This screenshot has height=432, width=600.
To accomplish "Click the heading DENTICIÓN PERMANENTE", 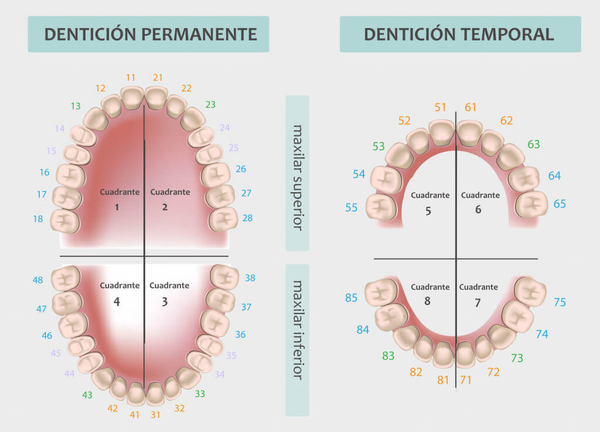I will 151,34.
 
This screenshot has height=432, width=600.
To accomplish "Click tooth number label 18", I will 38,219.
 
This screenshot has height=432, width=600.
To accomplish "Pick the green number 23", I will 210,105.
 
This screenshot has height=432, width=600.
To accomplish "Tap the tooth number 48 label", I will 38,280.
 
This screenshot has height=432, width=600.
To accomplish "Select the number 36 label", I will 240,335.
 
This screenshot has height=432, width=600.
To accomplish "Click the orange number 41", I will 135,415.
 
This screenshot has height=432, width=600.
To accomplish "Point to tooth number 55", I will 352,208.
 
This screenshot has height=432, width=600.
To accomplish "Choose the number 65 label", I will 560,204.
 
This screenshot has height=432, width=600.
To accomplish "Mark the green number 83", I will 388,355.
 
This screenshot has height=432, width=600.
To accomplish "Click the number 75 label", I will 560,302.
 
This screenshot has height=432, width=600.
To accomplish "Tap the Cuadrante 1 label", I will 119,199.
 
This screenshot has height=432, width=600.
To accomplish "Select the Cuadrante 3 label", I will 169,293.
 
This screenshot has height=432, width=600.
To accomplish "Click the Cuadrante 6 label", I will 480,202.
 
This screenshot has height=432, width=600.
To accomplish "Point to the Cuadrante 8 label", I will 430,293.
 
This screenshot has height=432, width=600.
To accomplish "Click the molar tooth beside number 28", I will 223,219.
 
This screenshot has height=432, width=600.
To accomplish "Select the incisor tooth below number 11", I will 132,97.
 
